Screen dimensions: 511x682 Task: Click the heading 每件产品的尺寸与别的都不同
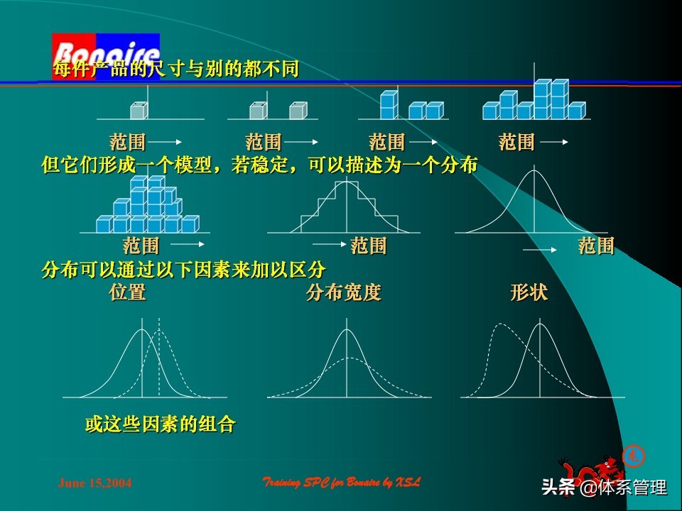pos(176,70)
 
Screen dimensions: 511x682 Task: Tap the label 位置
pos(128,292)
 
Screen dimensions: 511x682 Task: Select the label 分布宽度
pos(344,292)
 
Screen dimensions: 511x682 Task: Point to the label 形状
pos(529,292)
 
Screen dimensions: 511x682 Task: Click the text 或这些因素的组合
pos(160,425)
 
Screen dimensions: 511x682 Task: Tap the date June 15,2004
pos(94,483)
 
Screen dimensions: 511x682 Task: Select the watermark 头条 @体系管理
pos(604,488)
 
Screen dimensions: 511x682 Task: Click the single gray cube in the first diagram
pos(139,111)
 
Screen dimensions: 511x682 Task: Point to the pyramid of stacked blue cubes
pos(148,206)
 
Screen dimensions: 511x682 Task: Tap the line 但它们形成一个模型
pos(259,165)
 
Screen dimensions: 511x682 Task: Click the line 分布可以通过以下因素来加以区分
pos(184,270)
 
